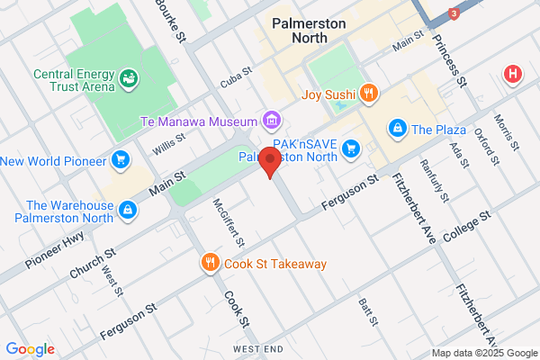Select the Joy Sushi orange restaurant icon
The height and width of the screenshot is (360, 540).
[367, 93]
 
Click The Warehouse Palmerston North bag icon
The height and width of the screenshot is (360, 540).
[129, 210]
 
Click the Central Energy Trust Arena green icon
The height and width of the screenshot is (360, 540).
[128, 77]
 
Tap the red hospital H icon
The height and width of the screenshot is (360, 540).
[513, 74]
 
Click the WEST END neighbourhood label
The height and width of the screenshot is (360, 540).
[258, 348]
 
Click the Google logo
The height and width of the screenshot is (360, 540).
[30, 349]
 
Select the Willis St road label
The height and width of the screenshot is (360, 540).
[167, 143]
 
